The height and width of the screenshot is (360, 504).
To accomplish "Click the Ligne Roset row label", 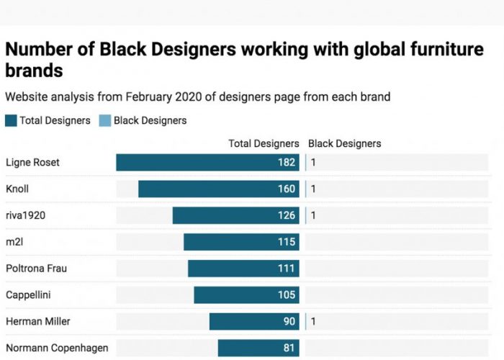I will pyautogui.click(x=32, y=163).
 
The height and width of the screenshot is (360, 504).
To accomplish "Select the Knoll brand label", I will pyautogui.click(x=17, y=189).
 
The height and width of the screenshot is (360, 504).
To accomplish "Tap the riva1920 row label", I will pyautogui.click(x=24, y=215).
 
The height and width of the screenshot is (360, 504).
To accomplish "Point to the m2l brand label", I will pyautogui.click(x=14, y=242).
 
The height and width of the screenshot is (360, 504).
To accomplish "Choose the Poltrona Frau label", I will pyautogui.click(x=37, y=269).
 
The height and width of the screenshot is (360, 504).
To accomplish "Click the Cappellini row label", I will pyautogui.click(x=28, y=295).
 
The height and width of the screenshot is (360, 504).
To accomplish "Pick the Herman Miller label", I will pyautogui.click(x=37, y=322).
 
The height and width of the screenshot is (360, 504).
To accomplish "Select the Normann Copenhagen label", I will pyautogui.click(x=57, y=348).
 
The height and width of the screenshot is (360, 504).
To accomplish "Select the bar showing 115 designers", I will pyautogui.click(x=241, y=242).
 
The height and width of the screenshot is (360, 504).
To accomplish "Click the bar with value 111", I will pyautogui.click(x=243, y=269).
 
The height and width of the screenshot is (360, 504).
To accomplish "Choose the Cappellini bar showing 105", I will pyautogui.click(x=246, y=295).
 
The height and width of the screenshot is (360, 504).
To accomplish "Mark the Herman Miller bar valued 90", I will pyautogui.click(x=254, y=322).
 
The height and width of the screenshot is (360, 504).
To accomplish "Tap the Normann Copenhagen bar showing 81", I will pyautogui.click(x=258, y=348).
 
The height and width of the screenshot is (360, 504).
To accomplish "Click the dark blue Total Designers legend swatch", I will pyautogui.click(x=11, y=121).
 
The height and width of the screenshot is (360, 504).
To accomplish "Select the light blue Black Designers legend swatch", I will pyautogui.click(x=104, y=121).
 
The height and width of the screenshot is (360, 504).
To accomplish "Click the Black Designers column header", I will pyautogui.click(x=344, y=144).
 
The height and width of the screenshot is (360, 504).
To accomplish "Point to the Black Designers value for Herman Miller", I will pyautogui.click(x=313, y=322).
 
